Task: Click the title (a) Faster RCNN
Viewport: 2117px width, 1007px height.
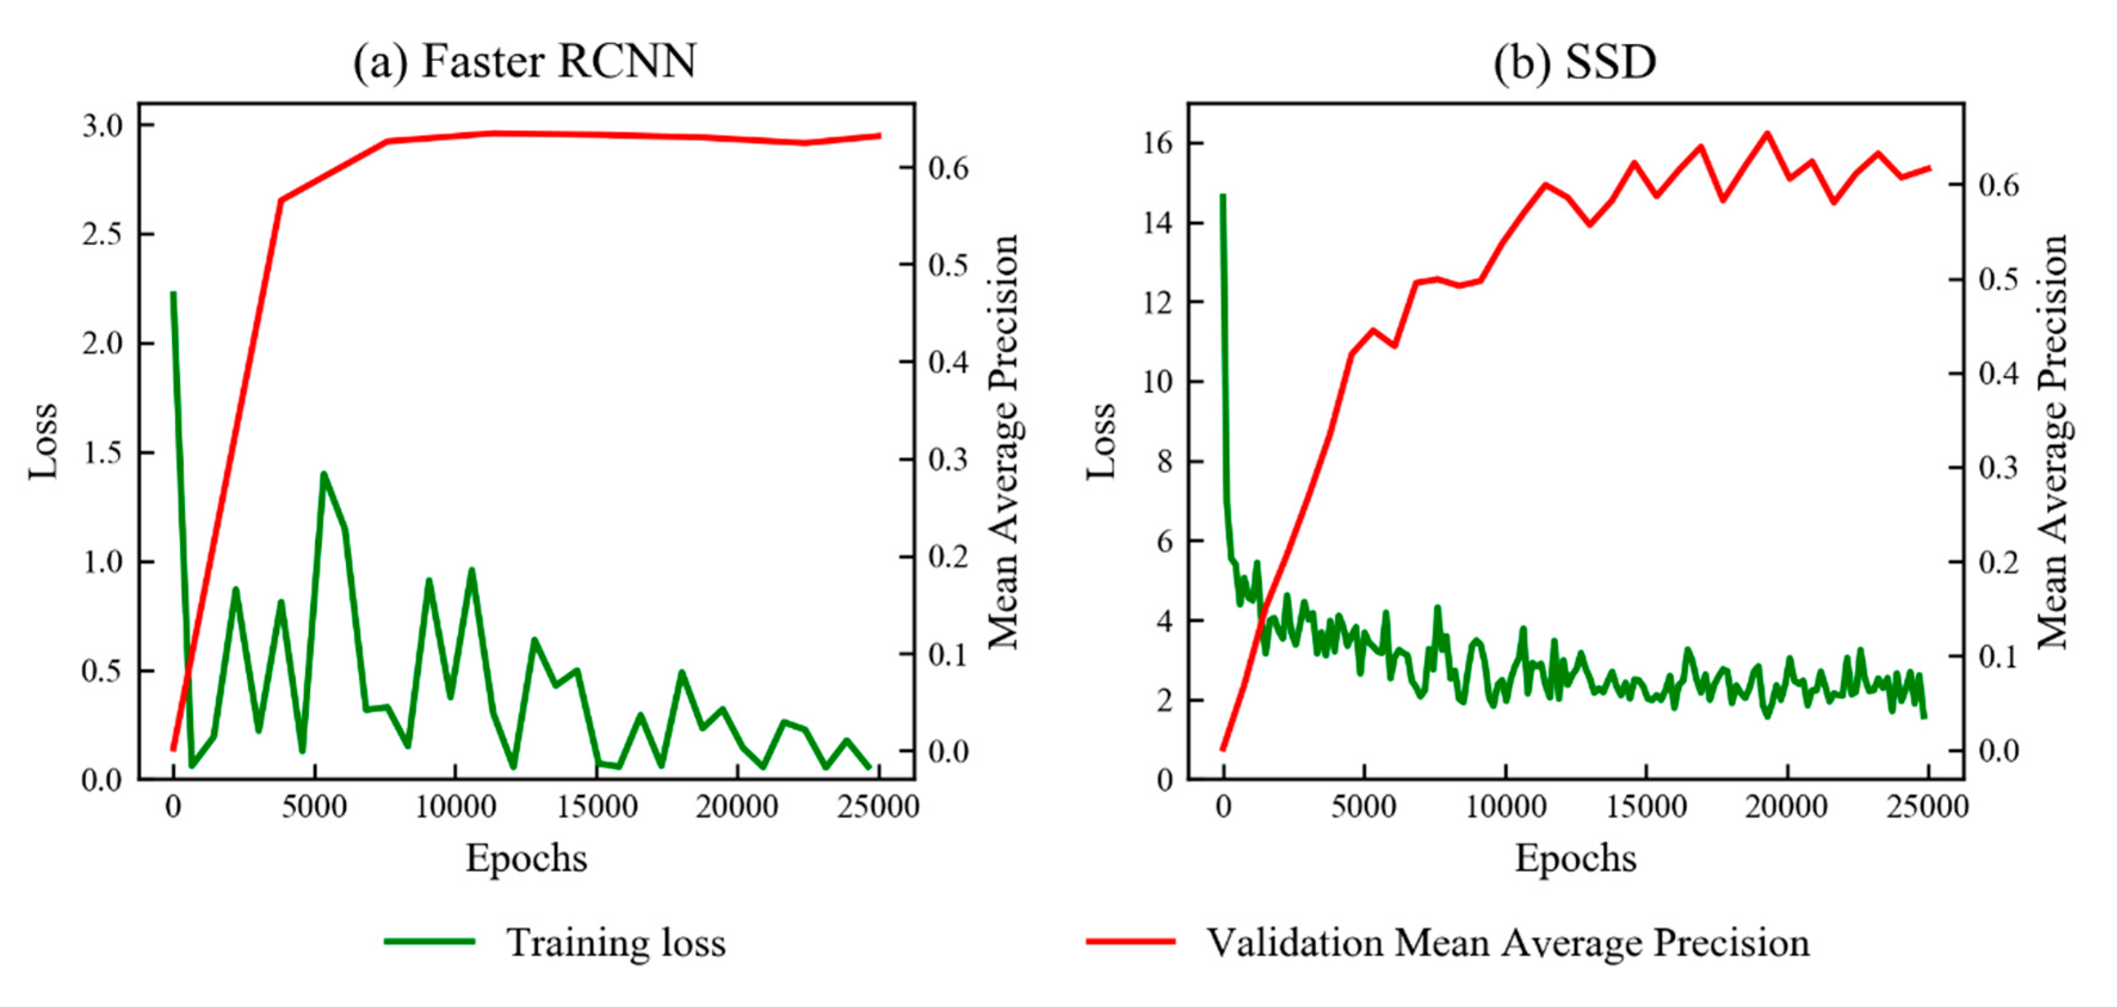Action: (524, 61)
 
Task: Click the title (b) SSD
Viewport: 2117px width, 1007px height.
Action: (1574, 61)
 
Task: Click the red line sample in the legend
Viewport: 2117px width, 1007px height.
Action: (1131, 942)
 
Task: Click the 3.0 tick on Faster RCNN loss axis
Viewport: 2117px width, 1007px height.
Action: (102, 126)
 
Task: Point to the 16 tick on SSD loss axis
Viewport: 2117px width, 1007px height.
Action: (1157, 144)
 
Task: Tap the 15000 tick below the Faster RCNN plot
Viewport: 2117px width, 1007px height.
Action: (597, 807)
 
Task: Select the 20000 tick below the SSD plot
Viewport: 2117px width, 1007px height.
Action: (1787, 807)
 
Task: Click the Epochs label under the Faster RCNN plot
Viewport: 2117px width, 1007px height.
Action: (526, 858)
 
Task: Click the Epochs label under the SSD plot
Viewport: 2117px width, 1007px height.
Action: (1576, 858)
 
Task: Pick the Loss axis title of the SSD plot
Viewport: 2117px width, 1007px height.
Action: (1101, 441)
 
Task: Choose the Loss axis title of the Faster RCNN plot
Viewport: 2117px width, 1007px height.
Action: (44, 441)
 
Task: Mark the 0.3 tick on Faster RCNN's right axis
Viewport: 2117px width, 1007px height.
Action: (948, 459)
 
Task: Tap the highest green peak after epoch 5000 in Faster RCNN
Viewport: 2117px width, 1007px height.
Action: (323, 474)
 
